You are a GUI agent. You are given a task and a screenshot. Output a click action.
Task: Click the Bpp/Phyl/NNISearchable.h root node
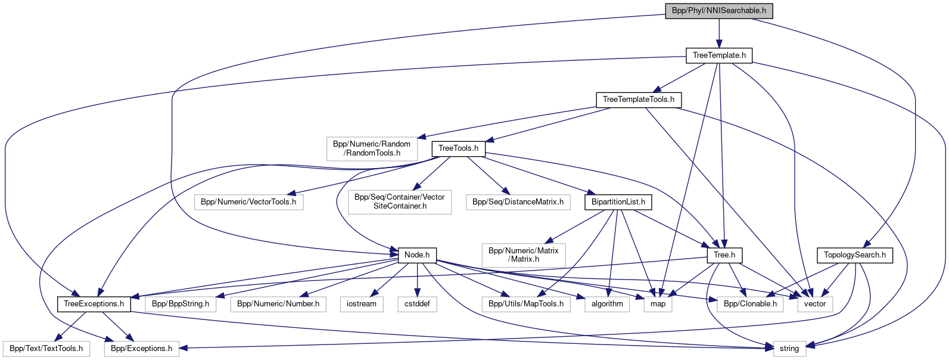[x=718, y=11]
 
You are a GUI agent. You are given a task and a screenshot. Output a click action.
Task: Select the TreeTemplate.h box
[x=719, y=55]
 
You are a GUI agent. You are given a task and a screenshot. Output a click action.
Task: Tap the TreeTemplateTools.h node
[x=639, y=100]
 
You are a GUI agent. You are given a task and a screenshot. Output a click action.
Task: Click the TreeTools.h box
[x=458, y=148]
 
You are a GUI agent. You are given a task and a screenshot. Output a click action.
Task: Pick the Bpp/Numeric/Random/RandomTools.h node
[x=371, y=148]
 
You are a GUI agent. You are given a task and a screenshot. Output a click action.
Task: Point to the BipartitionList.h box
[x=618, y=202]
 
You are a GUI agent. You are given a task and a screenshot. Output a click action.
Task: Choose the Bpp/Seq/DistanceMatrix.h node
[x=518, y=202]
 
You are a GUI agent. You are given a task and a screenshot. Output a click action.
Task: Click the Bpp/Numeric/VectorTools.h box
[x=248, y=202]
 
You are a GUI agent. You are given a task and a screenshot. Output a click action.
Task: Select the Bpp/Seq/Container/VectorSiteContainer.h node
[x=399, y=201]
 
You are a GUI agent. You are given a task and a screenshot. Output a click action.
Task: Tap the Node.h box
[x=417, y=255]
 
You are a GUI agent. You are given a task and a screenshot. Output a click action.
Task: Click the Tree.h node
[x=724, y=255]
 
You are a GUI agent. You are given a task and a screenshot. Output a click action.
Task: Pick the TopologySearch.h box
[x=854, y=255]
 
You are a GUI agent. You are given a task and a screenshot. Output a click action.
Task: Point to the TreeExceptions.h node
[x=94, y=304]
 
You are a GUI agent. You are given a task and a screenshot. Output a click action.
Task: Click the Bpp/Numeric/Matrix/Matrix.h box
[x=523, y=255]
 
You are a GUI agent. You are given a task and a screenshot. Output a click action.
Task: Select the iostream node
[x=362, y=304]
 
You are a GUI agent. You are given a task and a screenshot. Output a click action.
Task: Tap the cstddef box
[x=417, y=304]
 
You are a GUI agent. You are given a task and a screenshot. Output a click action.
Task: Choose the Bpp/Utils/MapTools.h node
[x=526, y=304]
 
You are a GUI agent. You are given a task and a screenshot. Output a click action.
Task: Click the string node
[x=789, y=349]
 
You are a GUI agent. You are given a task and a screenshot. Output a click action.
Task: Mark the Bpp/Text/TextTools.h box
[x=46, y=349]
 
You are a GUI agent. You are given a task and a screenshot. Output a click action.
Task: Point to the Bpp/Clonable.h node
[x=750, y=304]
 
